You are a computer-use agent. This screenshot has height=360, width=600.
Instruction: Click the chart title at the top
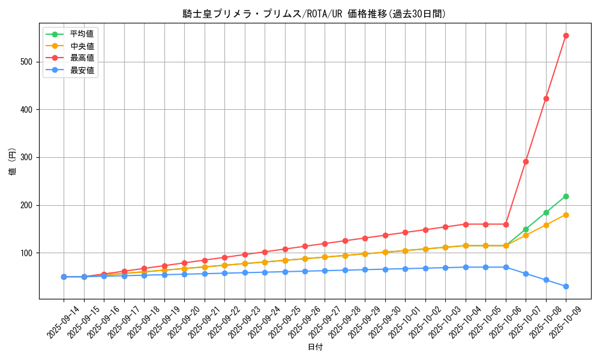point(314,14)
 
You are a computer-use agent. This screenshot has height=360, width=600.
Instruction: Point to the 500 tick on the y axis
point(29,62)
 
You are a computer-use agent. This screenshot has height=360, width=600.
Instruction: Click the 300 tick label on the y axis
point(29,157)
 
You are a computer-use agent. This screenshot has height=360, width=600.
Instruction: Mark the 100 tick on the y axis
point(29,253)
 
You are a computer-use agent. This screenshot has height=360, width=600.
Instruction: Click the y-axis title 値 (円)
point(13,161)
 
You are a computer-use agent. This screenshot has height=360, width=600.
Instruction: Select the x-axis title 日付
point(314,347)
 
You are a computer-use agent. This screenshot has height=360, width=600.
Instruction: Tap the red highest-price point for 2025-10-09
point(566,35)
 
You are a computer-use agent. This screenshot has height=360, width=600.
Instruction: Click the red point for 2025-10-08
point(546,98)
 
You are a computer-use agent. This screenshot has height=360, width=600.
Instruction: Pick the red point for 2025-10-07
point(526,161)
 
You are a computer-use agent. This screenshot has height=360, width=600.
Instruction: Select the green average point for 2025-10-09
point(566,196)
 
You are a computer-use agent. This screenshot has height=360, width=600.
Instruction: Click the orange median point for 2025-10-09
point(566,215)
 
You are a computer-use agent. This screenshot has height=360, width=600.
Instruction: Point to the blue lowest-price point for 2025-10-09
point(566,286)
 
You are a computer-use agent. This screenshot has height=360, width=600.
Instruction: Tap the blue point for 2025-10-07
point(526,274)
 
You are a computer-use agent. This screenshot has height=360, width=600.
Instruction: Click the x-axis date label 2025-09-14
point(63,322)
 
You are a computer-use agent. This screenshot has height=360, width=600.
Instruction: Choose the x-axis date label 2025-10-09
point(565,322)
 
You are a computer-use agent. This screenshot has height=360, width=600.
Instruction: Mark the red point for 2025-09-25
point(285,249)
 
